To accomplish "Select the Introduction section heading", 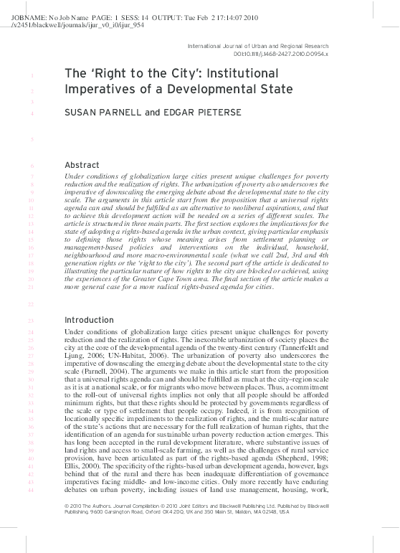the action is (89, 319).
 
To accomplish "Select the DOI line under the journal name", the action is (280, 54).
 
